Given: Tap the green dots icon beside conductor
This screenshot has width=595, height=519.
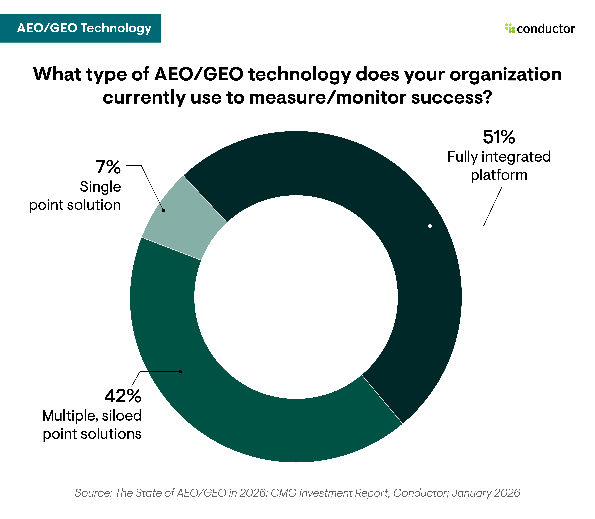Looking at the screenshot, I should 510,28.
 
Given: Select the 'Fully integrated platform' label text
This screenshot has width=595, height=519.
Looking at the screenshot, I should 499,166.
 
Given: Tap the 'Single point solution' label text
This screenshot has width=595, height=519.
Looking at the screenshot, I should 75,196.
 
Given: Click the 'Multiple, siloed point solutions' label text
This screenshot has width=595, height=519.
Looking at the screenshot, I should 92,425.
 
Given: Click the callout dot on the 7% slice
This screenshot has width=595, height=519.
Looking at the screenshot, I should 163,210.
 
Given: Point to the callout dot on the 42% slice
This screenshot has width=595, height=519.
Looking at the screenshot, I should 180,371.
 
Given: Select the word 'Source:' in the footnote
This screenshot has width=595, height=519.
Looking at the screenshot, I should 93,493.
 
